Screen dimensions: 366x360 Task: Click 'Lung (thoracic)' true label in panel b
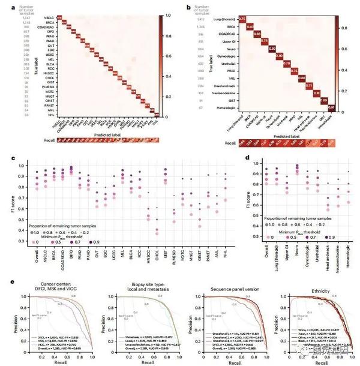coord(224,20)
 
